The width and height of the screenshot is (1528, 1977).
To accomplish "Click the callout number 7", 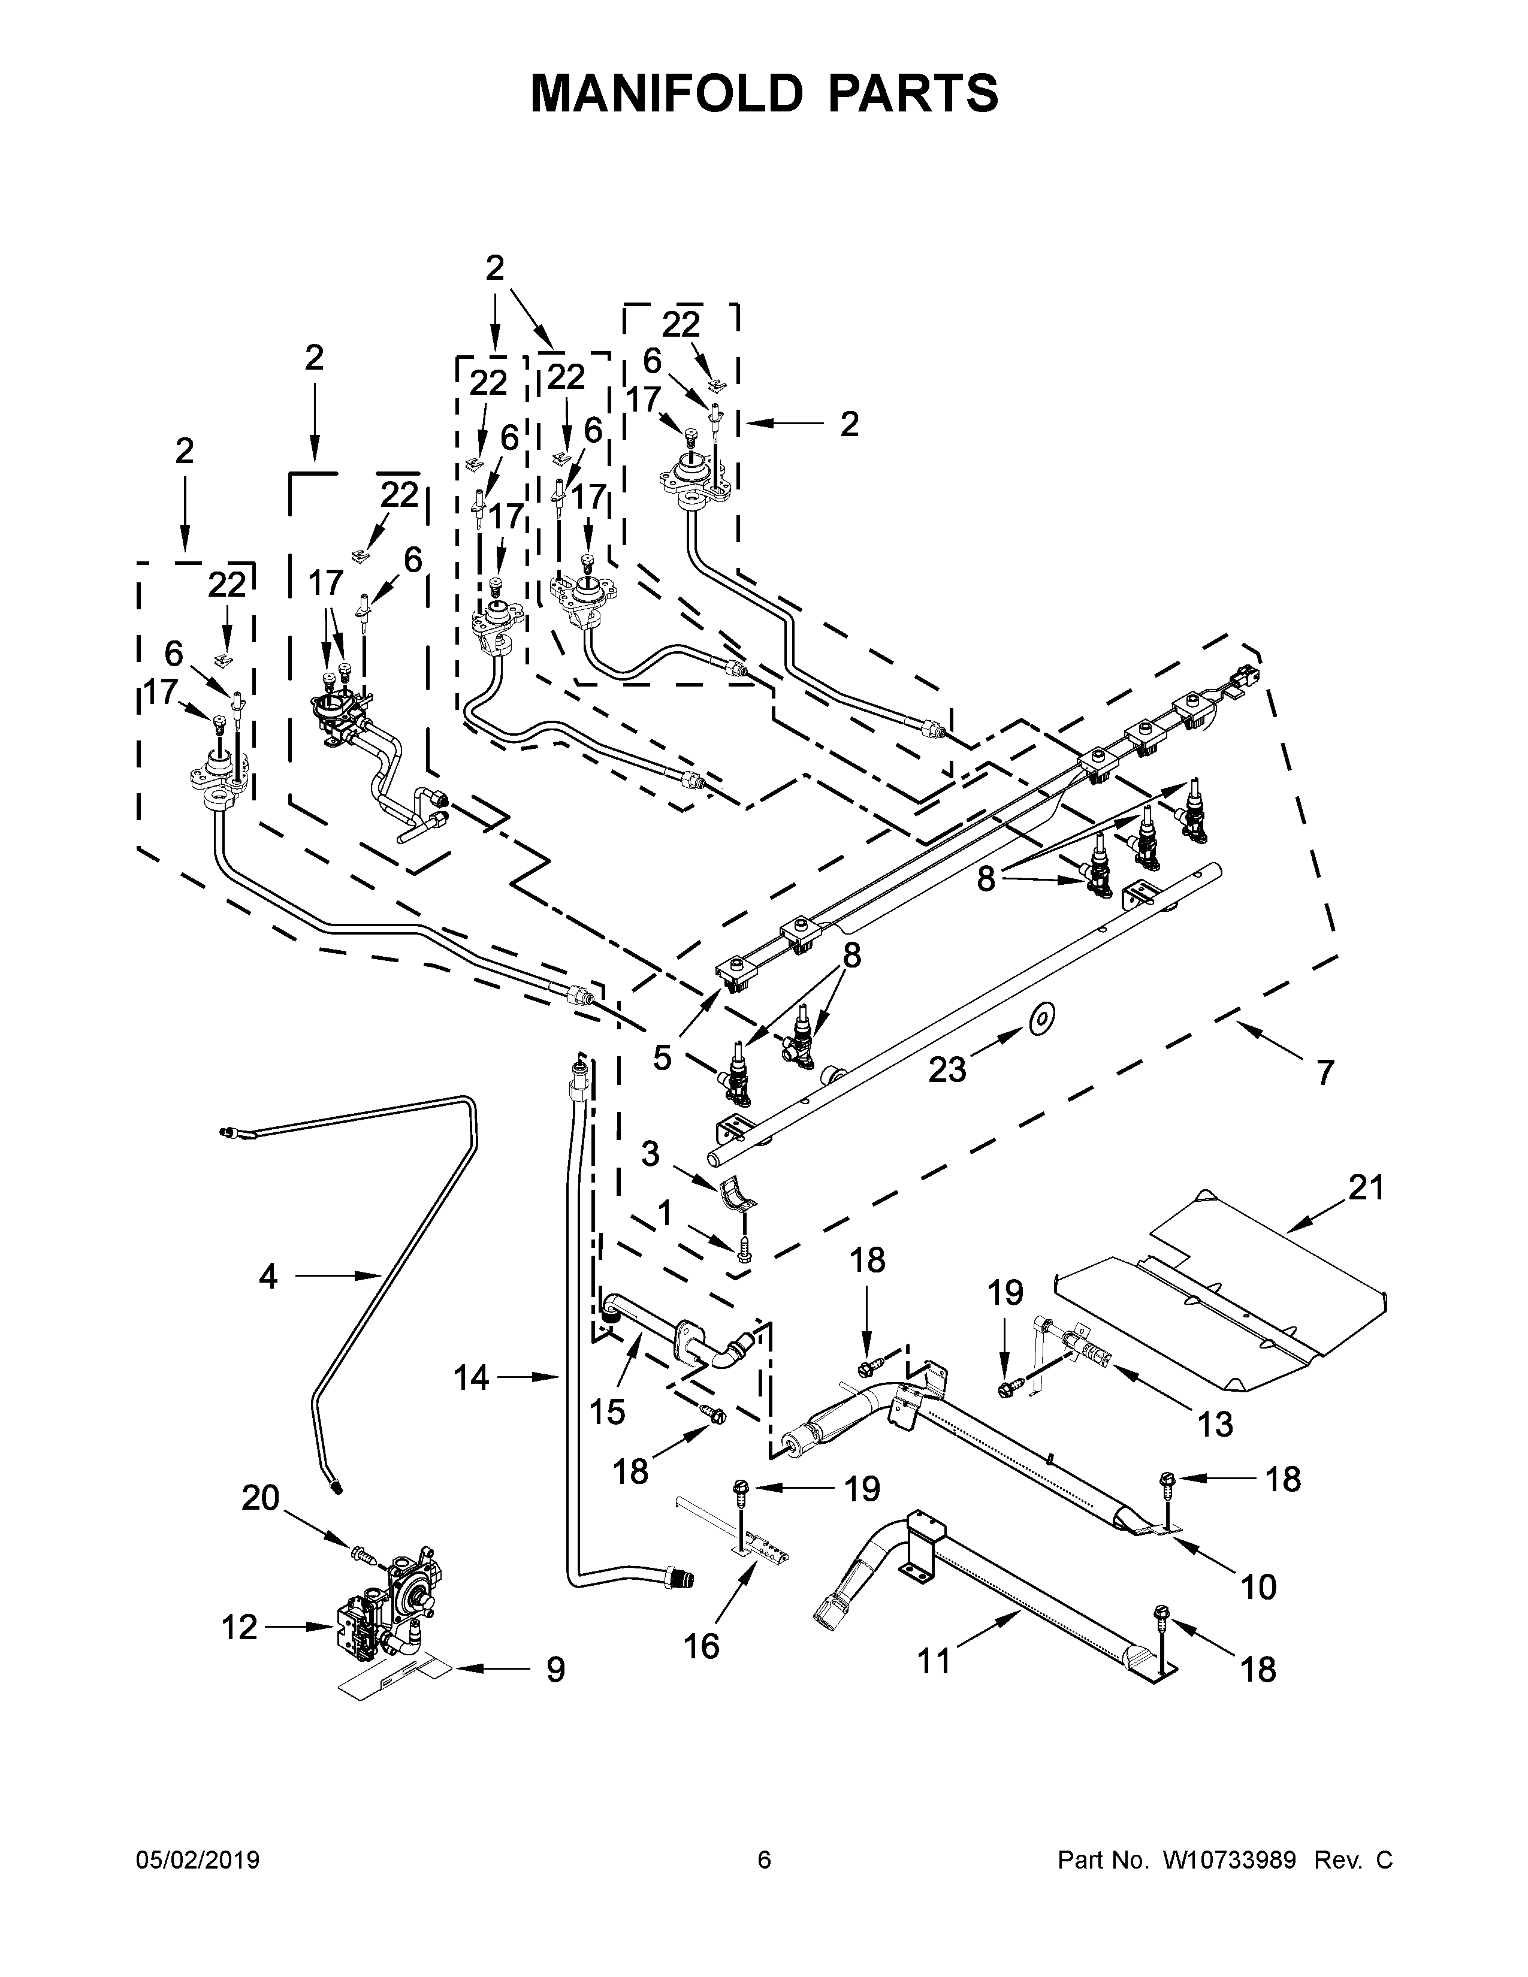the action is (x=1324, y=1073).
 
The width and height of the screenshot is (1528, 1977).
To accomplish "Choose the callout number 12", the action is (x=240, y=1628).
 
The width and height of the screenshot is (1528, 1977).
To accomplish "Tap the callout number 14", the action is (x=471, y=1378).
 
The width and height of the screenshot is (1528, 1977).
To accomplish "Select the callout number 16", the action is (x=702, y=1646).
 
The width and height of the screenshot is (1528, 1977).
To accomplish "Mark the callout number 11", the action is (x=934, y=1661).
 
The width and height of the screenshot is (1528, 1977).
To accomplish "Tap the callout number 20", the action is (x=261, y=1498).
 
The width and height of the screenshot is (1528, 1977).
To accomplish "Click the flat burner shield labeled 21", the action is (x=1222, y=1296).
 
